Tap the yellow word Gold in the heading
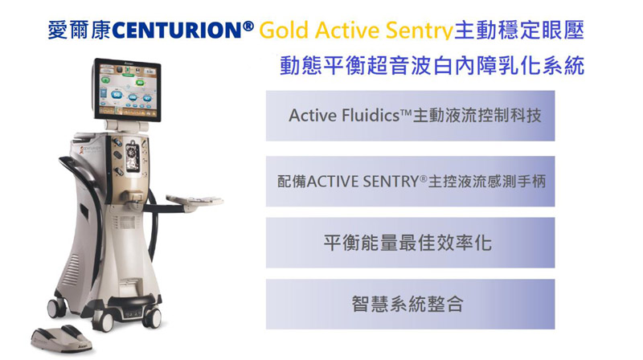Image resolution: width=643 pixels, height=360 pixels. pos(284,31)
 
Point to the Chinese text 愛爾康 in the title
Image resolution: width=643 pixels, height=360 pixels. pos(79,31)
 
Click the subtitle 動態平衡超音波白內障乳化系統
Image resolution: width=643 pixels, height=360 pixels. pos(432,66)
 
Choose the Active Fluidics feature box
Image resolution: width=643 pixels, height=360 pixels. pos(410,116)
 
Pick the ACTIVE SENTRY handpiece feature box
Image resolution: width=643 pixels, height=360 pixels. pos(410,181)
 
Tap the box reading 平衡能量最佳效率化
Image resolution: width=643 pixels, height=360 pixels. pos(410,243)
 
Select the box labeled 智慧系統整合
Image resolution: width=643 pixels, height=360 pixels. pos(410,305)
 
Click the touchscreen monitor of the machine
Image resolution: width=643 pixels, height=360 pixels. pos(128,90)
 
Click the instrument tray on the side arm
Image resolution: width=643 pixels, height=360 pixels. pos(195,202)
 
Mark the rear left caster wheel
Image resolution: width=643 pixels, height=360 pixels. pos(56,307)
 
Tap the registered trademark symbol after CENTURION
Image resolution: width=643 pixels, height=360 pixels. pos(248,27)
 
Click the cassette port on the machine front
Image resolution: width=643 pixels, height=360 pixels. pos(132,156)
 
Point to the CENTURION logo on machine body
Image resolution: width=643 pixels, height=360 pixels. pos(91,149)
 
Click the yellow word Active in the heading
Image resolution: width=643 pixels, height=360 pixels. pos(347,31)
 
